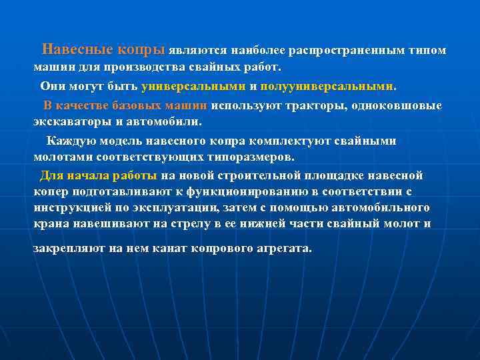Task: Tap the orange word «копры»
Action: click(x=141, y=50)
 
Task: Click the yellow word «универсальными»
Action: click(x=193, y=87)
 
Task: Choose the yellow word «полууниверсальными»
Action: click(x=327, y=87)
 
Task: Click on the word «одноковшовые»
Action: click(x=405, y=105)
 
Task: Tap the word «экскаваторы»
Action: click(x=70, y=122)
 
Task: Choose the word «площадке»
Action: click(x=357, y=175)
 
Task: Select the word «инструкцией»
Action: click(x=71, y=208)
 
